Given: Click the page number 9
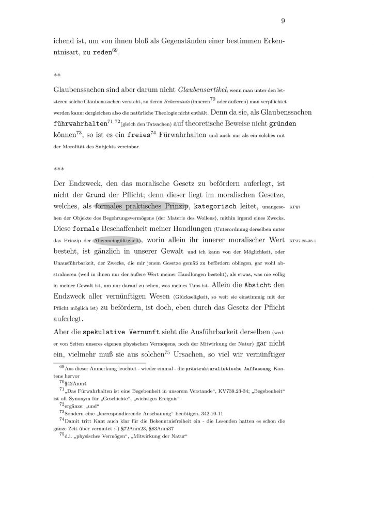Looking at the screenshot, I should [x=284, y=21].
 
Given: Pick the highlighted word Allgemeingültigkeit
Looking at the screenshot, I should [x=118, y=240].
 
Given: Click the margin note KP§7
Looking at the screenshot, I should [x=295, y=207].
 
